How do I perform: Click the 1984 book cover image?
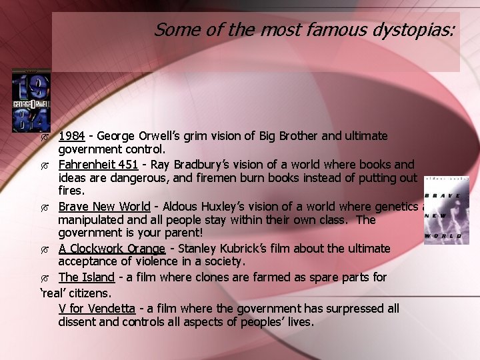(x=31, y=100)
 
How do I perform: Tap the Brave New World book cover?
(x=446, y=211)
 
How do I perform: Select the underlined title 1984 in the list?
(x=71, y=136)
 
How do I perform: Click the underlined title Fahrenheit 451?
(x=98, y=164)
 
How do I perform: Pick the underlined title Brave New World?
(x=104, y=206)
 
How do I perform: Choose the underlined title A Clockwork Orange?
(x=112, y=248)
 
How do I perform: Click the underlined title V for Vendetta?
(x=97, y=308)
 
